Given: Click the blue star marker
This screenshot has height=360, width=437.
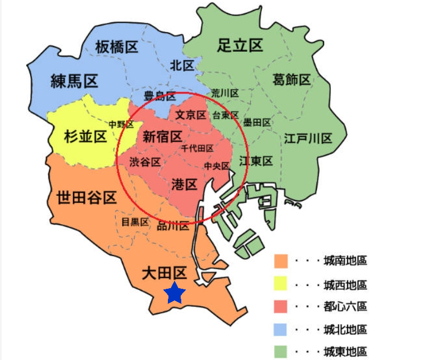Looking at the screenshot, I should (175, 293).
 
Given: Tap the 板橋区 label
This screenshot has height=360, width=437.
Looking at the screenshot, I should (116, 47).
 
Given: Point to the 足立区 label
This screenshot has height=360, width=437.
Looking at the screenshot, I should (240, 46).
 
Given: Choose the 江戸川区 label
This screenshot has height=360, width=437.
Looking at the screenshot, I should (307, 138).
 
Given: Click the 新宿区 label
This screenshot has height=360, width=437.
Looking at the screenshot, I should (162, 136).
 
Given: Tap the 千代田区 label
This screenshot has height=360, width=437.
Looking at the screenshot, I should (197, 149).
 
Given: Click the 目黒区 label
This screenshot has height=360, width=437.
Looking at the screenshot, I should (135, 221).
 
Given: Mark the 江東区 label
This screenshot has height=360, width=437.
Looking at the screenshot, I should (256, 161).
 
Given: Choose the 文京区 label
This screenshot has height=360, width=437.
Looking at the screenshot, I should (190, 115).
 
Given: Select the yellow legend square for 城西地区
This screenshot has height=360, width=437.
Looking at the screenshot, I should (281, 284).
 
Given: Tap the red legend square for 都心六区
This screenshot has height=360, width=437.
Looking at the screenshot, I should (281, 307).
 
